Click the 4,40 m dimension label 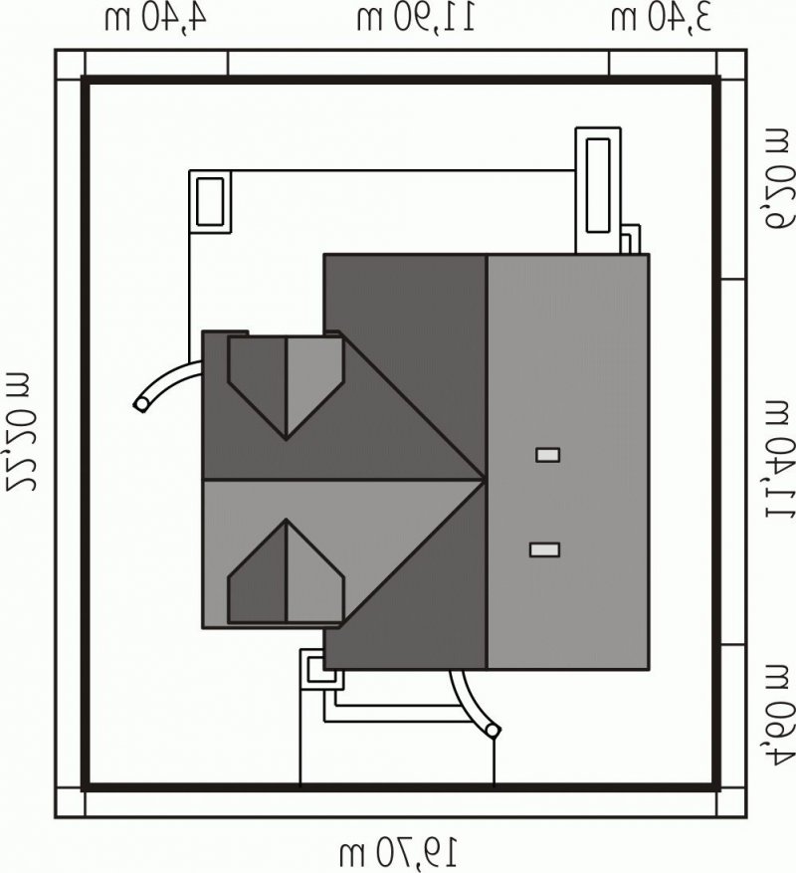click(x=155, y=17)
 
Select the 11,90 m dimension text click(x=416, y=17)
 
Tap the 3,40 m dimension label click(x=661, y=17)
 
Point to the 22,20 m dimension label click(x=21, y=429)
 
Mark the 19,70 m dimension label click(x=399, y=852)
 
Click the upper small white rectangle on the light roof click(x=547, y=455)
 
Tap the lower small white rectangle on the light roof click(x=544, y=550)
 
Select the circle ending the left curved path click(x=142, y=404)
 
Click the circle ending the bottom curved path click(x=494, y=730)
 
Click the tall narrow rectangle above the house click(x=598, y=190)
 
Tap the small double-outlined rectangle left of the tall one click(x=210, y=201)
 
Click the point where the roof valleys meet click(x=484, y=479)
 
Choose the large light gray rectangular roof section click(x=568, y=462)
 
